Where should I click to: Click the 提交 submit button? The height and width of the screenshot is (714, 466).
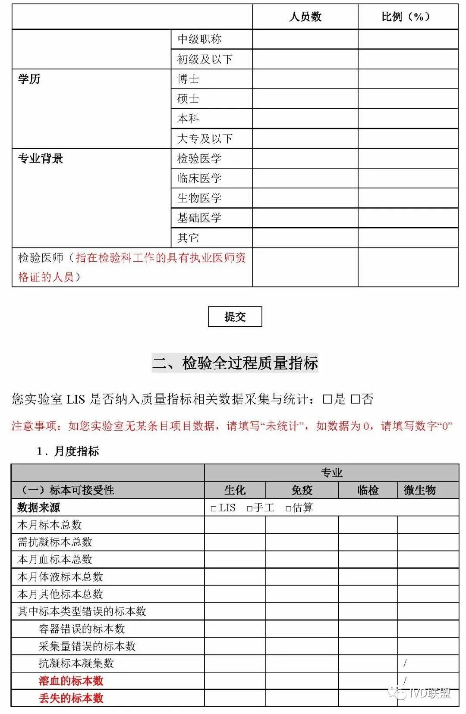235,316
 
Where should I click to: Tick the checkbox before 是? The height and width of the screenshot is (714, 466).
327,399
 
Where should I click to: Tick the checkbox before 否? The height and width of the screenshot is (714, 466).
355,399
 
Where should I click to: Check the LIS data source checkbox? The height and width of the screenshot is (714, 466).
214,509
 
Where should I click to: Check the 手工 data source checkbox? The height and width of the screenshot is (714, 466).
249,509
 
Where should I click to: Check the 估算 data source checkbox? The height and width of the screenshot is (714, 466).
288,509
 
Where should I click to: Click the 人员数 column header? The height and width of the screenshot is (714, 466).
305,17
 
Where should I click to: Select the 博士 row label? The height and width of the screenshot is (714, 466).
188,79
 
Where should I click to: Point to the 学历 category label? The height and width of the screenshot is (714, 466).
29,79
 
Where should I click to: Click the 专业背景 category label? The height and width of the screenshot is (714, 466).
41,159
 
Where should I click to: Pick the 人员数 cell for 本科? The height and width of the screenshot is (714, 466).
305,119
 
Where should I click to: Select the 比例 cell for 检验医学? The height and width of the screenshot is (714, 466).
408,158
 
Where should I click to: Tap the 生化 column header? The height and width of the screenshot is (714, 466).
235,490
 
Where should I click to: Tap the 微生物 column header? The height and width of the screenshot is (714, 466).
419,490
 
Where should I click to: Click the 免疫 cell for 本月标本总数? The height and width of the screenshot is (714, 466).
302,525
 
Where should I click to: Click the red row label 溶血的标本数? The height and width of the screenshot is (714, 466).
71,681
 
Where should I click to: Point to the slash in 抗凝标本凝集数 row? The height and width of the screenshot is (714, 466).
405,664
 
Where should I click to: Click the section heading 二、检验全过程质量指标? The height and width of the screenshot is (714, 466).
235,363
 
